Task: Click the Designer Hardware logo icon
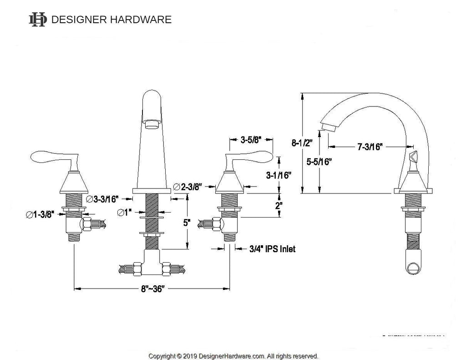[37, 20]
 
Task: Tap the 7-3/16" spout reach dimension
[370, 146]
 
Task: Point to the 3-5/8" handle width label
[250, 140]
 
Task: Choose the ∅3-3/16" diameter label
[103, 198]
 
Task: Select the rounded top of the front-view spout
[152, 97]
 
